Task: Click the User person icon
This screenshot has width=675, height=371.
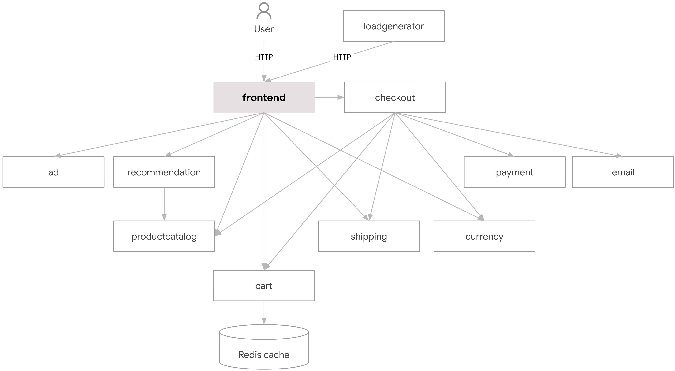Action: coord(264,11)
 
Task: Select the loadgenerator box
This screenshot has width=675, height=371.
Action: coord(393,26)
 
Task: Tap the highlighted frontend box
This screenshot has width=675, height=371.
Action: coord(264,97)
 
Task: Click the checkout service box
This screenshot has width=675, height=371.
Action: coord(395,97)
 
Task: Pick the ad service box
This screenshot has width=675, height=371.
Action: coord(54,172)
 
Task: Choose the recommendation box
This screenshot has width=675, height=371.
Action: coord(164,172)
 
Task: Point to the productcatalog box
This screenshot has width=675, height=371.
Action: coord(164,236)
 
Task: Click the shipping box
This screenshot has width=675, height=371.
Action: coord(369,236)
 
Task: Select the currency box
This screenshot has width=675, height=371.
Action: coord(484,236)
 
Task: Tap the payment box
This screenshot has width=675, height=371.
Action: coord(514,172)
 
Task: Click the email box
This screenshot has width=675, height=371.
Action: coord(623,172)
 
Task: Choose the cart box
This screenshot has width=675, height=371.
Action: coord(264,286)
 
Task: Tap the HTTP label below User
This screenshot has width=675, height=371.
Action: coord(264,57)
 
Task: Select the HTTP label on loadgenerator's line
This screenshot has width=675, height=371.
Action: coord(342,57)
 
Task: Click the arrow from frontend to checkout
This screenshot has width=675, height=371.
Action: coord(329,97)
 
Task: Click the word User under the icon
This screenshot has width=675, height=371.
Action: coord(264,29)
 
